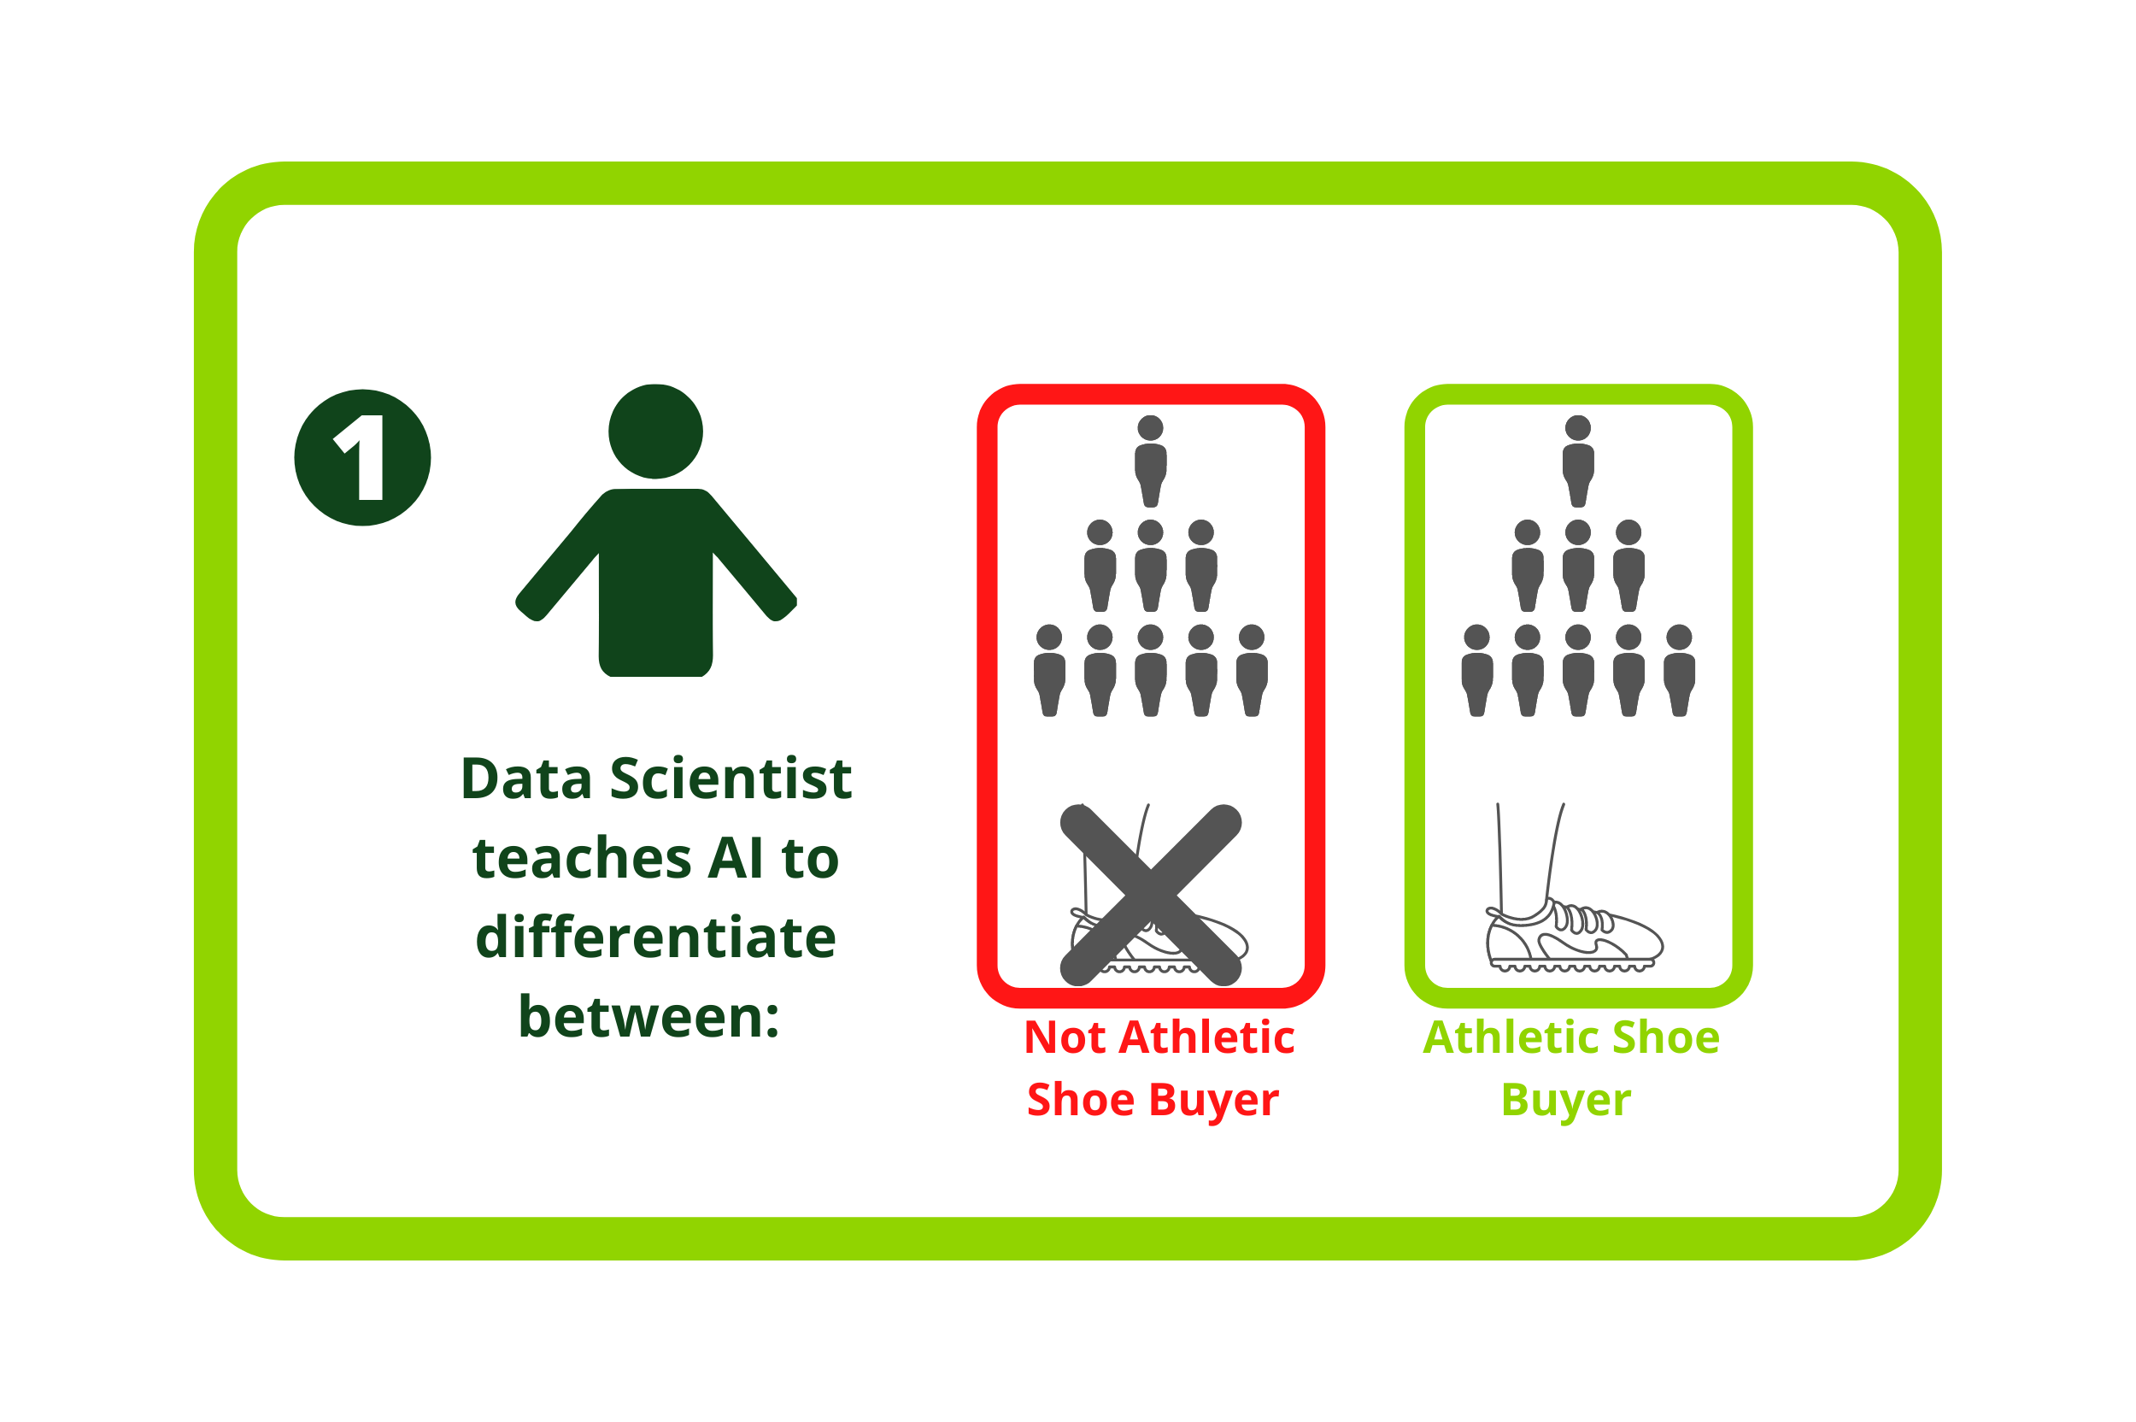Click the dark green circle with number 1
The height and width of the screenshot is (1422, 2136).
coord(361,457)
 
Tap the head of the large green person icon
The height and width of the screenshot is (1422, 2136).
coord(655,431)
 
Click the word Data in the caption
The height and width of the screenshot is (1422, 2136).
coord(525,779)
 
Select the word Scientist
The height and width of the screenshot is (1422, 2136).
coord(730,779)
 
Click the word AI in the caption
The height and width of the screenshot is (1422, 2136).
coord(735,857)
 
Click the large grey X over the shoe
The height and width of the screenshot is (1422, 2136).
coord(1151,895)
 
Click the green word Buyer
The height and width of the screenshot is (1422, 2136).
coord(1566,1100)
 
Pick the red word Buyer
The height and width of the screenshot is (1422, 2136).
coord(1214,1100)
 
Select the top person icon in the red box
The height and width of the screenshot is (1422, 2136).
coord(1151,461)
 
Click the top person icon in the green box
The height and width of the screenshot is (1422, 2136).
coord(1578,461)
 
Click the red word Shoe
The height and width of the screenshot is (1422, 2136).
coord(1081,1100)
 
